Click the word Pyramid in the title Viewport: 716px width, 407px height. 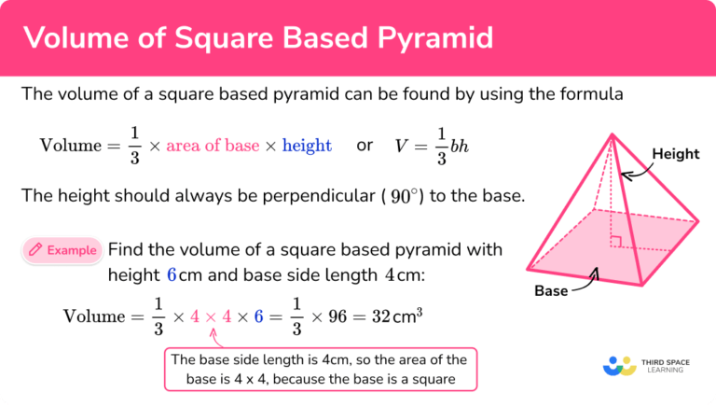pos(432,38)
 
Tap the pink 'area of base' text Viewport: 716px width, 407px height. pos(211,145)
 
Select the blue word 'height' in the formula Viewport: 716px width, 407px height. pos(307,145)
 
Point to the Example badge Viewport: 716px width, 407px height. pos(62,249)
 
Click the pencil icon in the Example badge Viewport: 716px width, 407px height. pos(35,249)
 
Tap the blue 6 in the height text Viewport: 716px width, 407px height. pos(171,275)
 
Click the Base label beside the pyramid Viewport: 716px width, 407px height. pos(551,291)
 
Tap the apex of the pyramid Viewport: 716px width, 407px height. pos(612,135)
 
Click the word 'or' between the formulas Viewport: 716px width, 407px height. pos(365,145)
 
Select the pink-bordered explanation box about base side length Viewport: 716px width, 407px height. pos(321,370)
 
